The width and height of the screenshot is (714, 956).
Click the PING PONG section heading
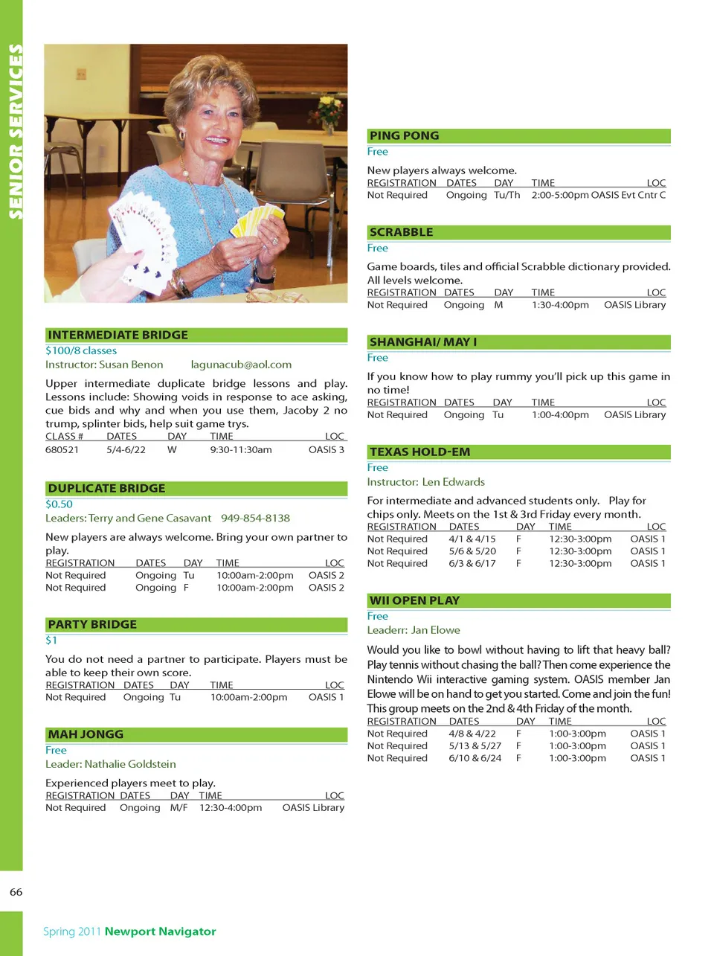click(404, 135)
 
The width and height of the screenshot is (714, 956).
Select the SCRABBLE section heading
click(401, 232)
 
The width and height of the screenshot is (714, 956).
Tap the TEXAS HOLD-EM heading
click(419, 452)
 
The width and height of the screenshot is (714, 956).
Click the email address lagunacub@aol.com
click(241, 365)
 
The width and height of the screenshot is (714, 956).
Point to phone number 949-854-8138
click(255, 518)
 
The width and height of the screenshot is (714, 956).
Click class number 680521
click(62, 449)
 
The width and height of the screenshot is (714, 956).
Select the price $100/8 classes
click(81, 350)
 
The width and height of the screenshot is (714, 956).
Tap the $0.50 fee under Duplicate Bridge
click(59, 504)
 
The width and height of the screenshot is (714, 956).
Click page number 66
click(16, 891)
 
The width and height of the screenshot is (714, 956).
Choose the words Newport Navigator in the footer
click(160, 931)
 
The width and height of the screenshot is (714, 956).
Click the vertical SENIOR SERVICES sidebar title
click(15, 132)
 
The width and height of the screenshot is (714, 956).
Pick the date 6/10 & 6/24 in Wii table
click(475, 758)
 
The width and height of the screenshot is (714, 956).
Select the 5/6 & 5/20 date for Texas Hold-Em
click(472, 551)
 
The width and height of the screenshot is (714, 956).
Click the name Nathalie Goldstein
click(130, 764)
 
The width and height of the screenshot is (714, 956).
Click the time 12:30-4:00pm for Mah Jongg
click(231, 807)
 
